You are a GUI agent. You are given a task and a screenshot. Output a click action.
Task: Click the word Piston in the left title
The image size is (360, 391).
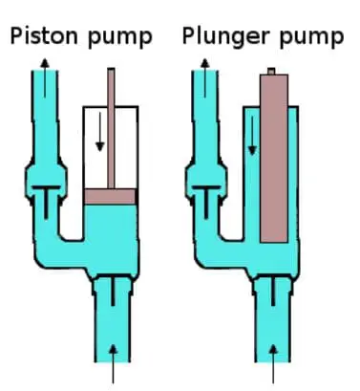(44, 35)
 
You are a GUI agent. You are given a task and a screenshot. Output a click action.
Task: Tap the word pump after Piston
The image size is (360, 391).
(119, 38)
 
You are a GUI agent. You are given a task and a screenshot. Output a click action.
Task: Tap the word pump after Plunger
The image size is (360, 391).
(311, 38)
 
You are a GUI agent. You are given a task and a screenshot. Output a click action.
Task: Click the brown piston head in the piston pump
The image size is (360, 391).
(110, 196)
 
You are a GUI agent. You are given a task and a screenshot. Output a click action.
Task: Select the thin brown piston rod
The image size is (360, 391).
(111, 128)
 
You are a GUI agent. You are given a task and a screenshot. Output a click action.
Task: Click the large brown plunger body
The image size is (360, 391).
(274, 159)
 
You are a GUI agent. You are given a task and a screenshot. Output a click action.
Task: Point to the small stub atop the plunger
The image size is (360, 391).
(271, 71)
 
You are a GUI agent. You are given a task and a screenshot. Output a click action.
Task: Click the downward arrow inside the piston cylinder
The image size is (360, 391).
(100, 132)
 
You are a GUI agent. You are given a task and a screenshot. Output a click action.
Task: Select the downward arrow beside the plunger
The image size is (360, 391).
(252, 136)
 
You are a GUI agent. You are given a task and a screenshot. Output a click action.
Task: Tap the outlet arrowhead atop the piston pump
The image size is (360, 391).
(45, 62)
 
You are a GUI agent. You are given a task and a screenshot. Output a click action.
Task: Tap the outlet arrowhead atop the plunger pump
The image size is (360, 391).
(205, 62)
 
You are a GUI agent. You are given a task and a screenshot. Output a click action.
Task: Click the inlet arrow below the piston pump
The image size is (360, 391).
(113, 364)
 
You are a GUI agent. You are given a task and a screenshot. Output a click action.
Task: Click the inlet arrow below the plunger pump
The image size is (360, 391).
(273, 364)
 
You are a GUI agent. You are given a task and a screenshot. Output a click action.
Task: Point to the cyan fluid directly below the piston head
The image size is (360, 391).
(110, 223)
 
